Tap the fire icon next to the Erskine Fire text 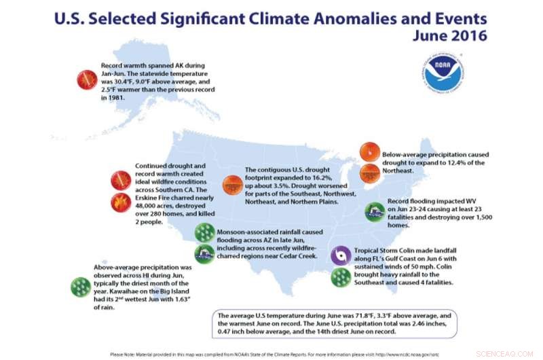121,202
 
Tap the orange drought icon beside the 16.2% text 233,183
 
